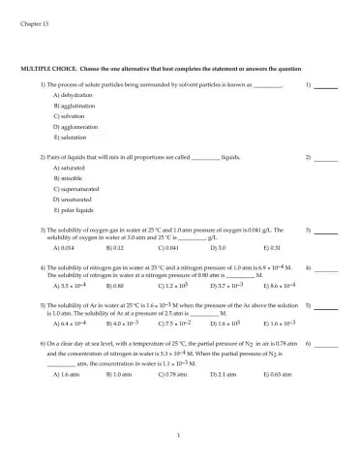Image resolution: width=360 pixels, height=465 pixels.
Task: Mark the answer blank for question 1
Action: [x=325, y=86]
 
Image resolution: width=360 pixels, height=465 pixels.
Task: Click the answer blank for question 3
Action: [x=325, y=231]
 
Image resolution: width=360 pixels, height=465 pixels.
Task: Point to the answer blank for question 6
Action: [x=325, y=344]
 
